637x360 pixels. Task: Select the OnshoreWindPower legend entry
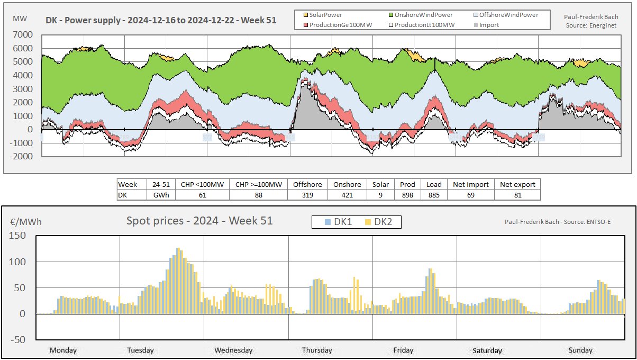(x=422, y=15)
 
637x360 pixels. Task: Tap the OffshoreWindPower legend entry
(x=508, y=15)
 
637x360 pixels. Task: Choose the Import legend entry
(x=489, y=24)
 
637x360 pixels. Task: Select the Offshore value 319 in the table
(x=307, y=195)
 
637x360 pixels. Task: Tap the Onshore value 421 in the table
(x=347, y=195)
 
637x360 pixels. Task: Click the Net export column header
(x=517, y=184)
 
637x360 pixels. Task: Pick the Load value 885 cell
(x=434, y=195)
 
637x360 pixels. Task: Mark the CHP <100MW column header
(x=202, y=184)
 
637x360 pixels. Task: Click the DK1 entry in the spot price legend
(x=339, y=222)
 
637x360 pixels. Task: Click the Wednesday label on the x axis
(x=233, y=350)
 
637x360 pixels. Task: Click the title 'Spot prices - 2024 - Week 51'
(x=199, y=221)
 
